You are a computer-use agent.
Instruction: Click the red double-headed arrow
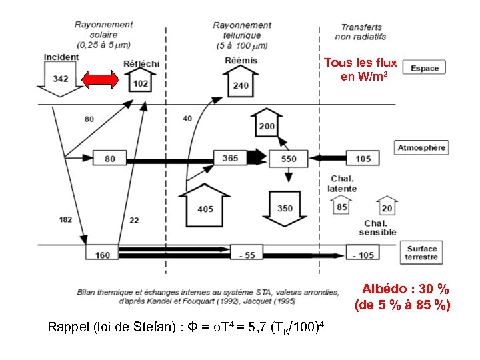(x=100, y=80)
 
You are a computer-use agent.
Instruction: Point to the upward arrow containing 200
(x=266, y=125)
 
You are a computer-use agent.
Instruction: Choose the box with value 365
(x=230, y=158)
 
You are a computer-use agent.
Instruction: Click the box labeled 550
(x=289, y=159)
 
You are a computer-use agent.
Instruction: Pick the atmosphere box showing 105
(x=363, y=159)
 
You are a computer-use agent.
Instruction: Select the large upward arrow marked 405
(x=205, y=207)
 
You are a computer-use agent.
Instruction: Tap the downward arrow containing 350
(x=285, y=207)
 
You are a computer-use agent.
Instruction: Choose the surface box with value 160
(x=102, y=253)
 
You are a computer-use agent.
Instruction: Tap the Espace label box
(x=425, y=69)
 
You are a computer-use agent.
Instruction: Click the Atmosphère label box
(x=422, y=147)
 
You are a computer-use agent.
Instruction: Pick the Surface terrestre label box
(x=422, y=253)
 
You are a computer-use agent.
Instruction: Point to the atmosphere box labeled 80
(x=109, y=159)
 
